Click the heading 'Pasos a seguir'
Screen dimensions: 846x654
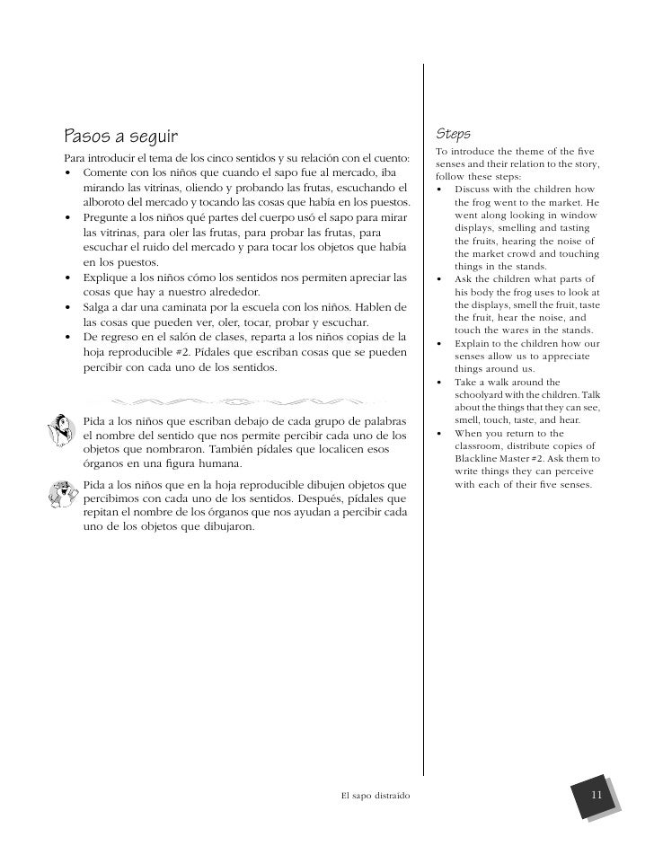[x=120, y=137]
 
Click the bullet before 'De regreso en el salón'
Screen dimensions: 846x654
[x=68, y=337]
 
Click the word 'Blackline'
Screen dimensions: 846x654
[x=480, y=459]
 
